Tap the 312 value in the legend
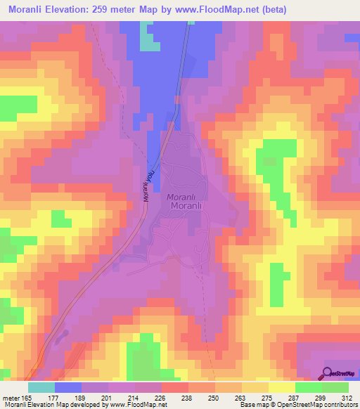pyautogui.click(x=347, y=397)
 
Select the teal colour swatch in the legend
pyautogui.click(x=41, y=387)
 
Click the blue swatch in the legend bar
pyautogui.click(x=67, y=387)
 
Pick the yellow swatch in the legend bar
pyautogui.click(x=281, y=387)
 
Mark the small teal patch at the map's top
pyautogui.click(x=148, y=39)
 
